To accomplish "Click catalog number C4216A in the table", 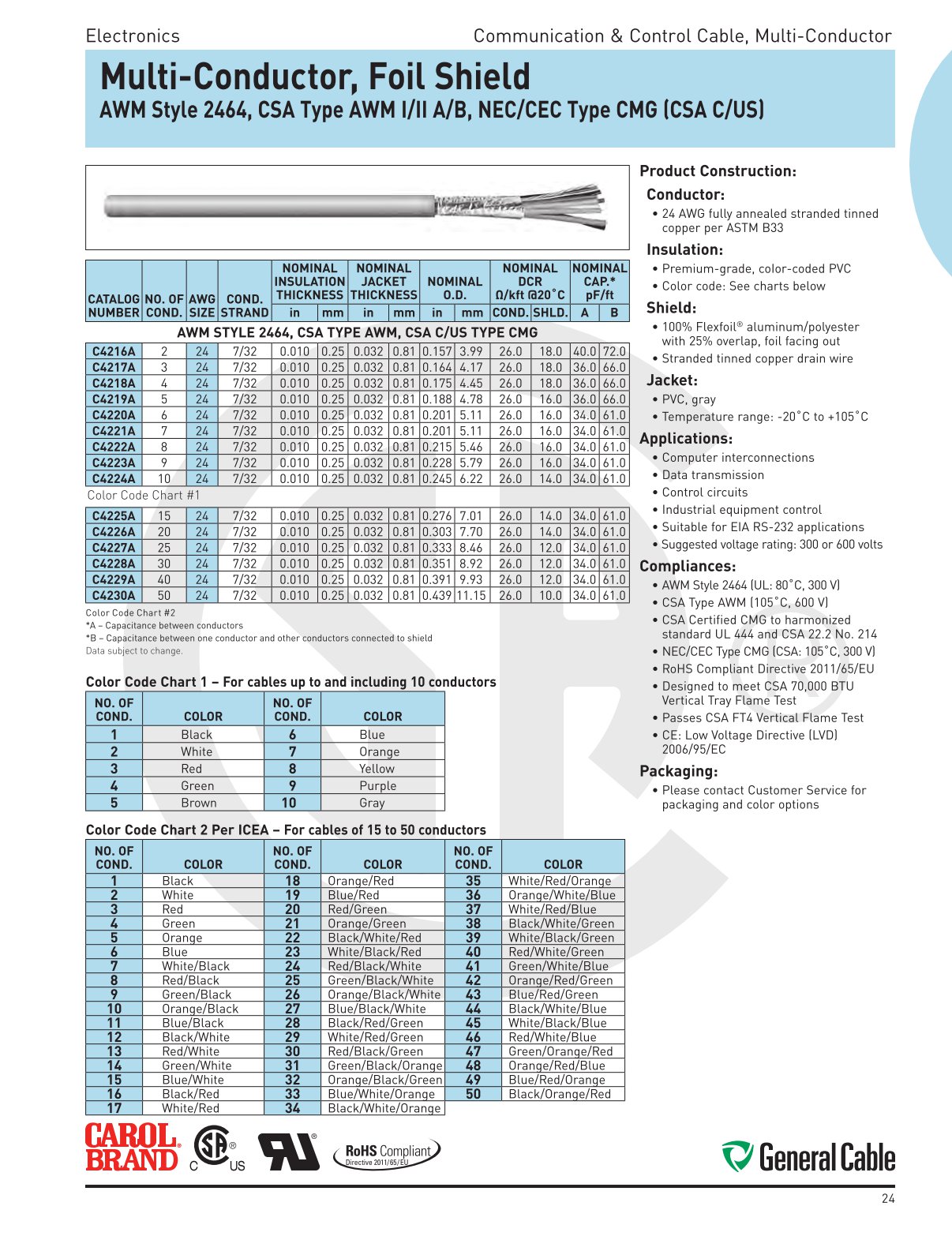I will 114,351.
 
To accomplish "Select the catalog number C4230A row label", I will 114,595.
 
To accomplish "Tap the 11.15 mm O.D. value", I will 471,595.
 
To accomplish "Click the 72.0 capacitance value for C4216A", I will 614,351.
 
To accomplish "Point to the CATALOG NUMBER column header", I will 114,305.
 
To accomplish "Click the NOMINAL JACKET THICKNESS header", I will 384,282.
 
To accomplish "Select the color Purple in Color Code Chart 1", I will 377,786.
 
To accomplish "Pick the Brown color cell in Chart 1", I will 198,803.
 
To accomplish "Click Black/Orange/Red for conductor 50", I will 560,1094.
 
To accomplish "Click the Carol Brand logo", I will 132,1148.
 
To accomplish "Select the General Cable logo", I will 808,1157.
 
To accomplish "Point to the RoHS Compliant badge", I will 388,1153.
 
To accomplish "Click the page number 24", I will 888,1199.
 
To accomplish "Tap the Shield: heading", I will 671,308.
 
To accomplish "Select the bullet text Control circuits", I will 704,493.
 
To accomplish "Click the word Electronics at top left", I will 133,36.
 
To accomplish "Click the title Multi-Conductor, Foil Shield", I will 315,77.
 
